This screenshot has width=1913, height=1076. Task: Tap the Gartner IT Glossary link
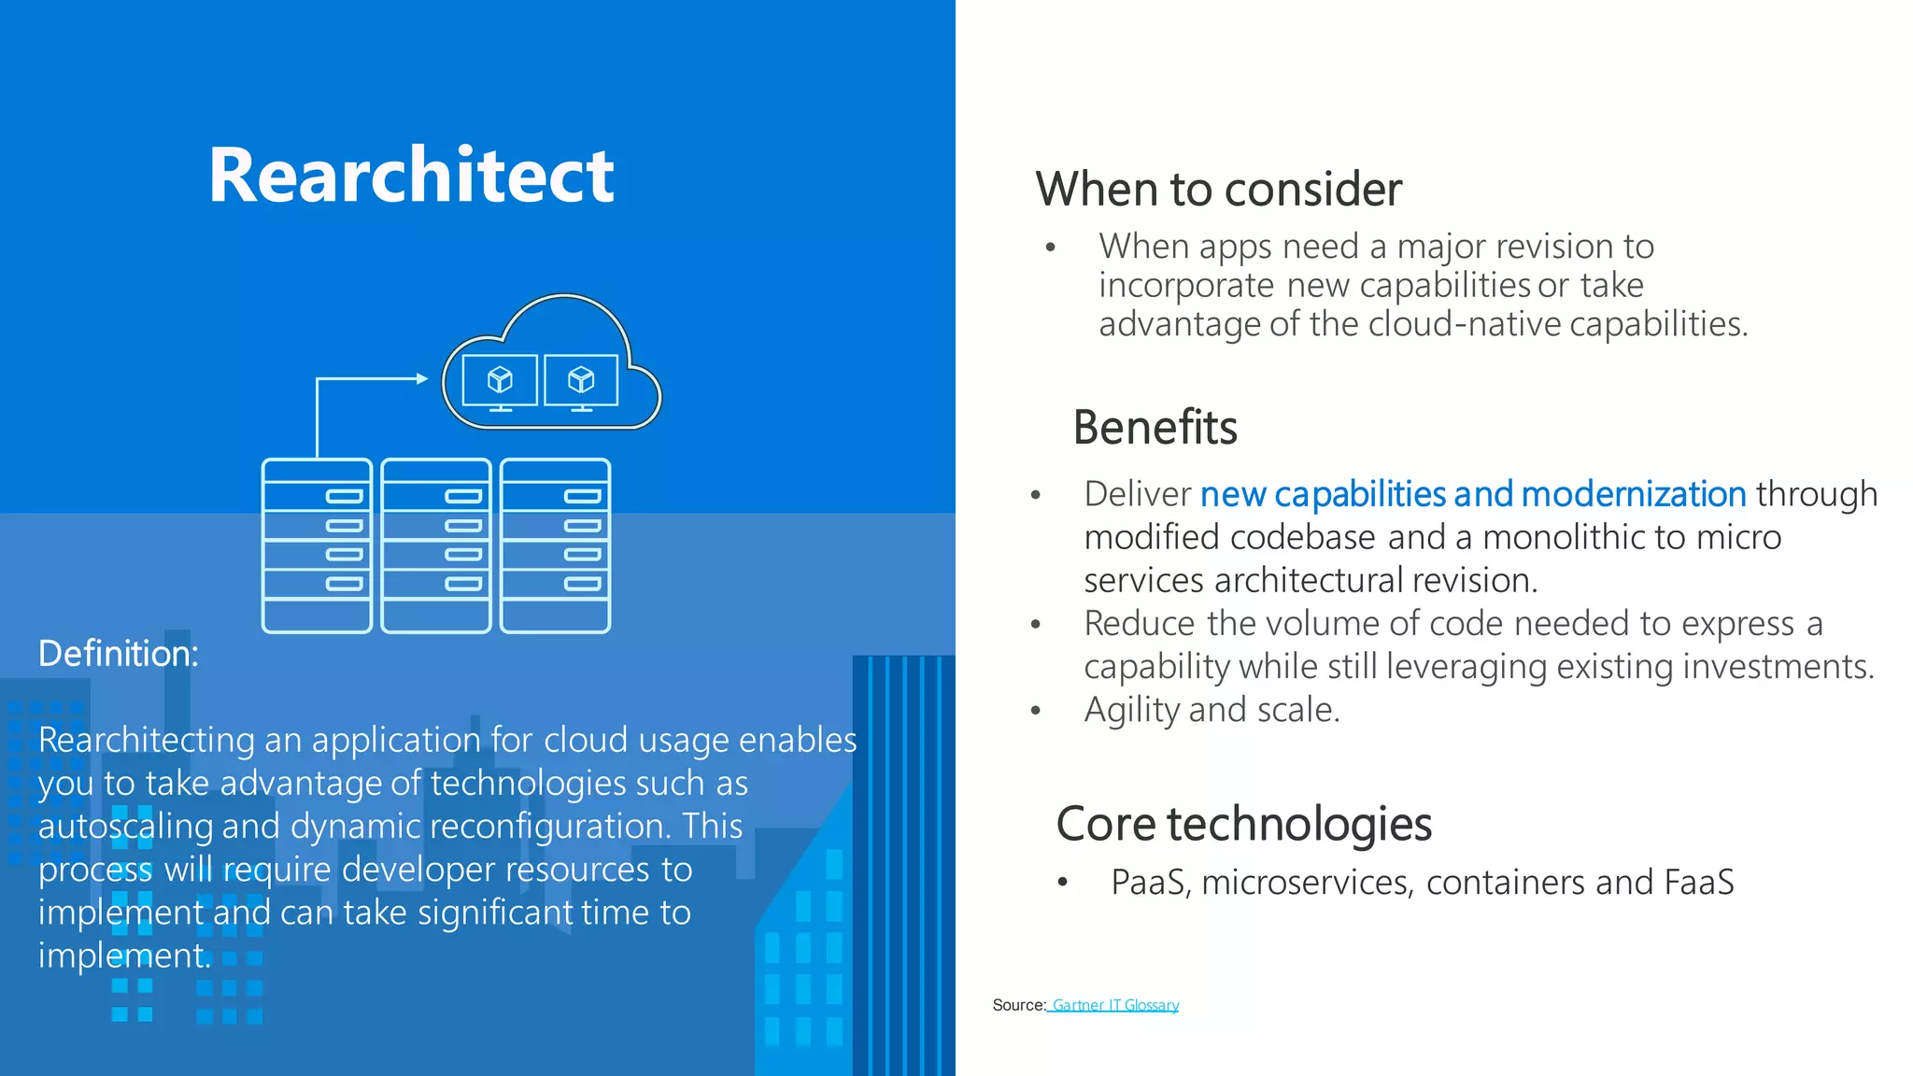tap(1114, 1005)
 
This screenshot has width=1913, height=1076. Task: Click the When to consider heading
tap(1218, 190)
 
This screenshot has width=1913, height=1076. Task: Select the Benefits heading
tap(1155, 428)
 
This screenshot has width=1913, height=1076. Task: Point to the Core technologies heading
tap(1243, 824)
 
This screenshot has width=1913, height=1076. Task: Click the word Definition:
tap(119, 654)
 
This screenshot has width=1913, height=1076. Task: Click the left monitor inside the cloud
tap(501, 381)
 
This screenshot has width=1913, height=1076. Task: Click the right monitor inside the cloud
tap(581, 381)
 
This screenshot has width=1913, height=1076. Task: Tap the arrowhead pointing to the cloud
tap(421, 378)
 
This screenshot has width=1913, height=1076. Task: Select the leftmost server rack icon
tap(318, 545)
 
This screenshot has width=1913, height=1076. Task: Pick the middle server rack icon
tap(436, 545)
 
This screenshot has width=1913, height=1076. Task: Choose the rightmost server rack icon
tap(556, 545)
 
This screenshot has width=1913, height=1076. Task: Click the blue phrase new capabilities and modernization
tap(1473, 494)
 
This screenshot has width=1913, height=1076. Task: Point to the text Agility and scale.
tap(1212, 710)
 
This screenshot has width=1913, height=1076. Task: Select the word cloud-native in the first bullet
tap(1467, 324)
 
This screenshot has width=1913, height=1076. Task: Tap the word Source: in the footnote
tap(1018, 1005)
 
